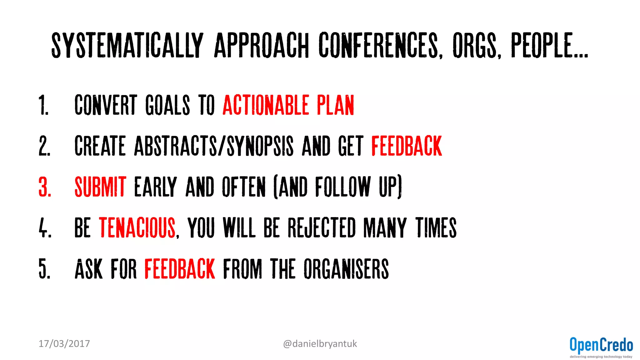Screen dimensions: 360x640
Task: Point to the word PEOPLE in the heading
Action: pyautogui.click(x=542, y=45)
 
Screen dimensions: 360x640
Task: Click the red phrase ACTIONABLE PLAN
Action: pyautogui.click(x=288, y=105)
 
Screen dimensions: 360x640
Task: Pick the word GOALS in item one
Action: pyautogui.click(x=167, y=105)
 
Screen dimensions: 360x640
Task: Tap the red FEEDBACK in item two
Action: pyautogui.click(x=407, y=146)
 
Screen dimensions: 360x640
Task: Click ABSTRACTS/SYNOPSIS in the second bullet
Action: pyautogui.click(x=214, y=146)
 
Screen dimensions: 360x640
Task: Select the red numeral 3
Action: pyautogui.click(x=45, y=187)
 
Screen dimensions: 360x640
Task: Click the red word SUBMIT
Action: pyautogui.click(x=100, y=187)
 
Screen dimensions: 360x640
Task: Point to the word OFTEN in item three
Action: pyautogui.click(x=244, y=187)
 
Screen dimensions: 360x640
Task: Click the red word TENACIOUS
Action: pyautogui.click(x=137, y=228)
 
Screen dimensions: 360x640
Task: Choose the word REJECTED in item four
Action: pyautogui.click(x=322, y=228)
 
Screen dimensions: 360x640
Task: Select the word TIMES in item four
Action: pyautogui.click(x=436, y=228)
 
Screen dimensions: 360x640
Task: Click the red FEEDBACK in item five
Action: pyautogui.click(x=180, y=269)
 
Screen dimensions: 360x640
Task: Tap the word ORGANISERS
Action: pyautogui.click(x=346, y=269)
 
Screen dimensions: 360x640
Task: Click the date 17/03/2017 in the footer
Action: pyautogui.click(x=64, y=344)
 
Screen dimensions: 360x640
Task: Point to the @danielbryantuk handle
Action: pyautogui.click(x=320, y=344)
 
